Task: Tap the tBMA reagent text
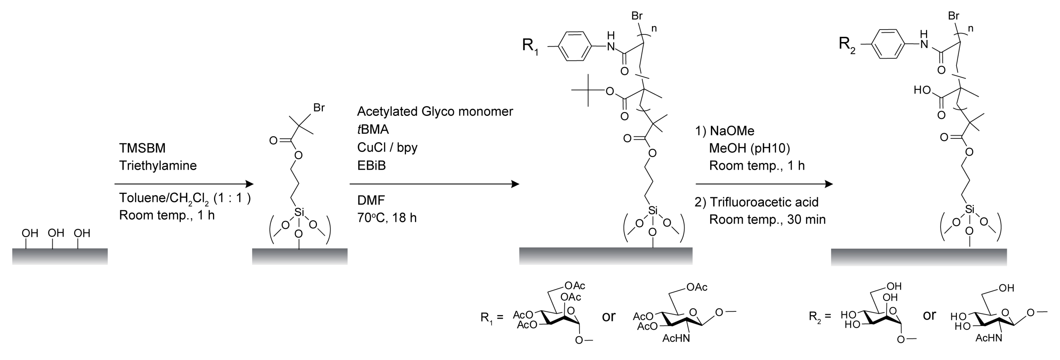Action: point(373,130)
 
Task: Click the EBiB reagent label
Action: point(371,165)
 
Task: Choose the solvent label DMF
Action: point(371,200)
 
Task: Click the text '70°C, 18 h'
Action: point(387,218)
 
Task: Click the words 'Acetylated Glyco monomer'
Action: point(435,112)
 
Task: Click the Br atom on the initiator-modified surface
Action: point(319,108)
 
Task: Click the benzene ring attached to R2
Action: point(888,45)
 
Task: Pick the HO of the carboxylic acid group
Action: point(922,90)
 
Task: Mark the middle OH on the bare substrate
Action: point(56,233)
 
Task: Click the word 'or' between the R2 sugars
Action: point(929,315)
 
